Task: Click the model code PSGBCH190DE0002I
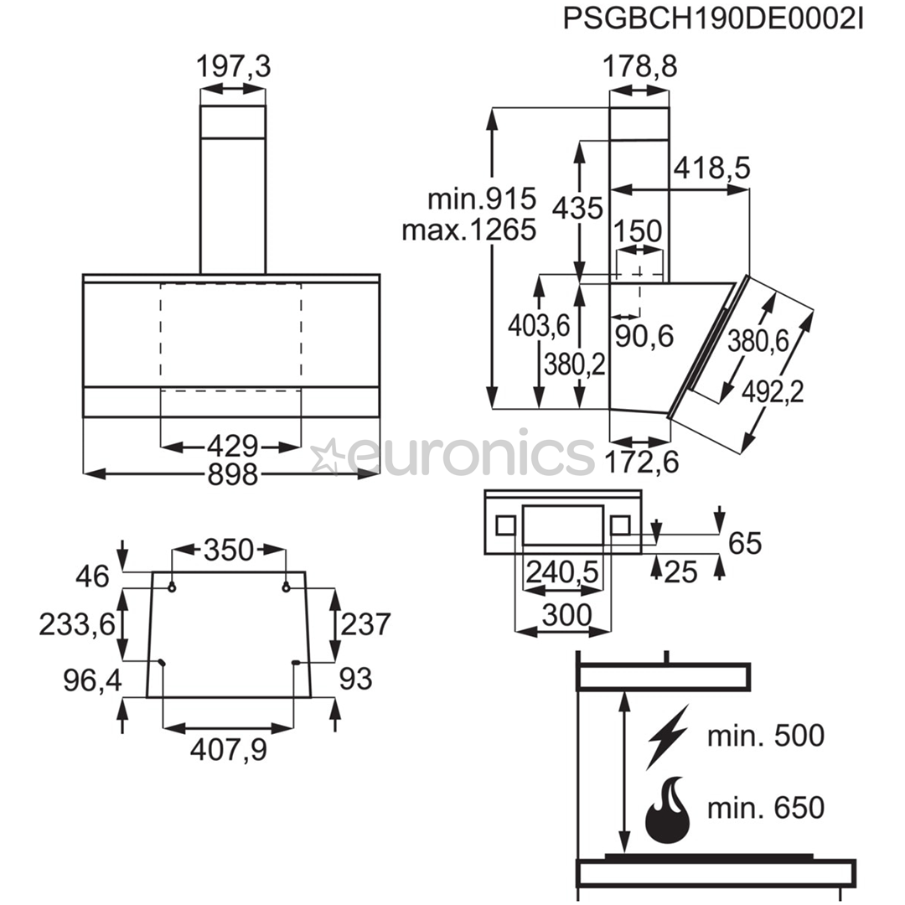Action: tap(713, 19)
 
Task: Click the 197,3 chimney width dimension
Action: tap(233, 66)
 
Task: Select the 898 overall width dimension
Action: tap(233, 474)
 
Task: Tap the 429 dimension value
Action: tap(233, 446)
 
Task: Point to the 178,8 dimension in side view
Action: tap(639, 66)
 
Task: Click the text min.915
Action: tap(482, 199)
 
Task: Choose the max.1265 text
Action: tap(469, 230)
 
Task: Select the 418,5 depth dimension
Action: tap(712, 168)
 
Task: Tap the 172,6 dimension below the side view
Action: tap(642, 462)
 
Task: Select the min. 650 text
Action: tap(766, 808)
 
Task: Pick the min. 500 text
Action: tap(766, 736)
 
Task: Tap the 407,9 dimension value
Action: tap(229, 750)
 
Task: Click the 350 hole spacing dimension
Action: tap(229, 550)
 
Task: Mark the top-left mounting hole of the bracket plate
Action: tap(172, 587)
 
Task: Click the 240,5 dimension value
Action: tap(562, 572)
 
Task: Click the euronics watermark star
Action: tap(326, 456)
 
